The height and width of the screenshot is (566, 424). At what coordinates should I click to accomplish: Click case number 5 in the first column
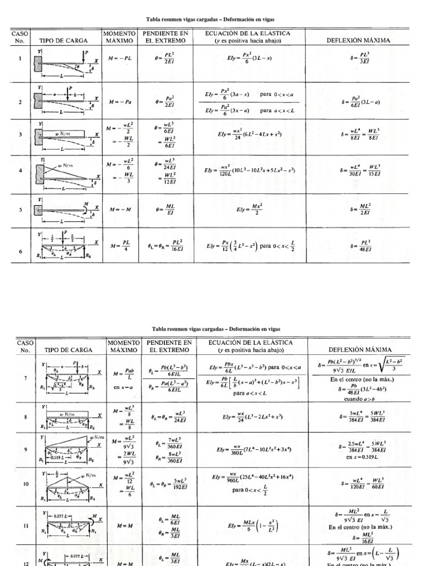(20, 210)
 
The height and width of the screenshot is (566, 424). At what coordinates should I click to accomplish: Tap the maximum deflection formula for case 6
(358, 245)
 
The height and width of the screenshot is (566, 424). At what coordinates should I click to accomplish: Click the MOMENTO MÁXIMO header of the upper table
(118, 37)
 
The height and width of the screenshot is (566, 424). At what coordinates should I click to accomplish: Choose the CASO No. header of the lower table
(25, 346)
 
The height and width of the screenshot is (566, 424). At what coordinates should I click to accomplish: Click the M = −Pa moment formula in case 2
(120, 102)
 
